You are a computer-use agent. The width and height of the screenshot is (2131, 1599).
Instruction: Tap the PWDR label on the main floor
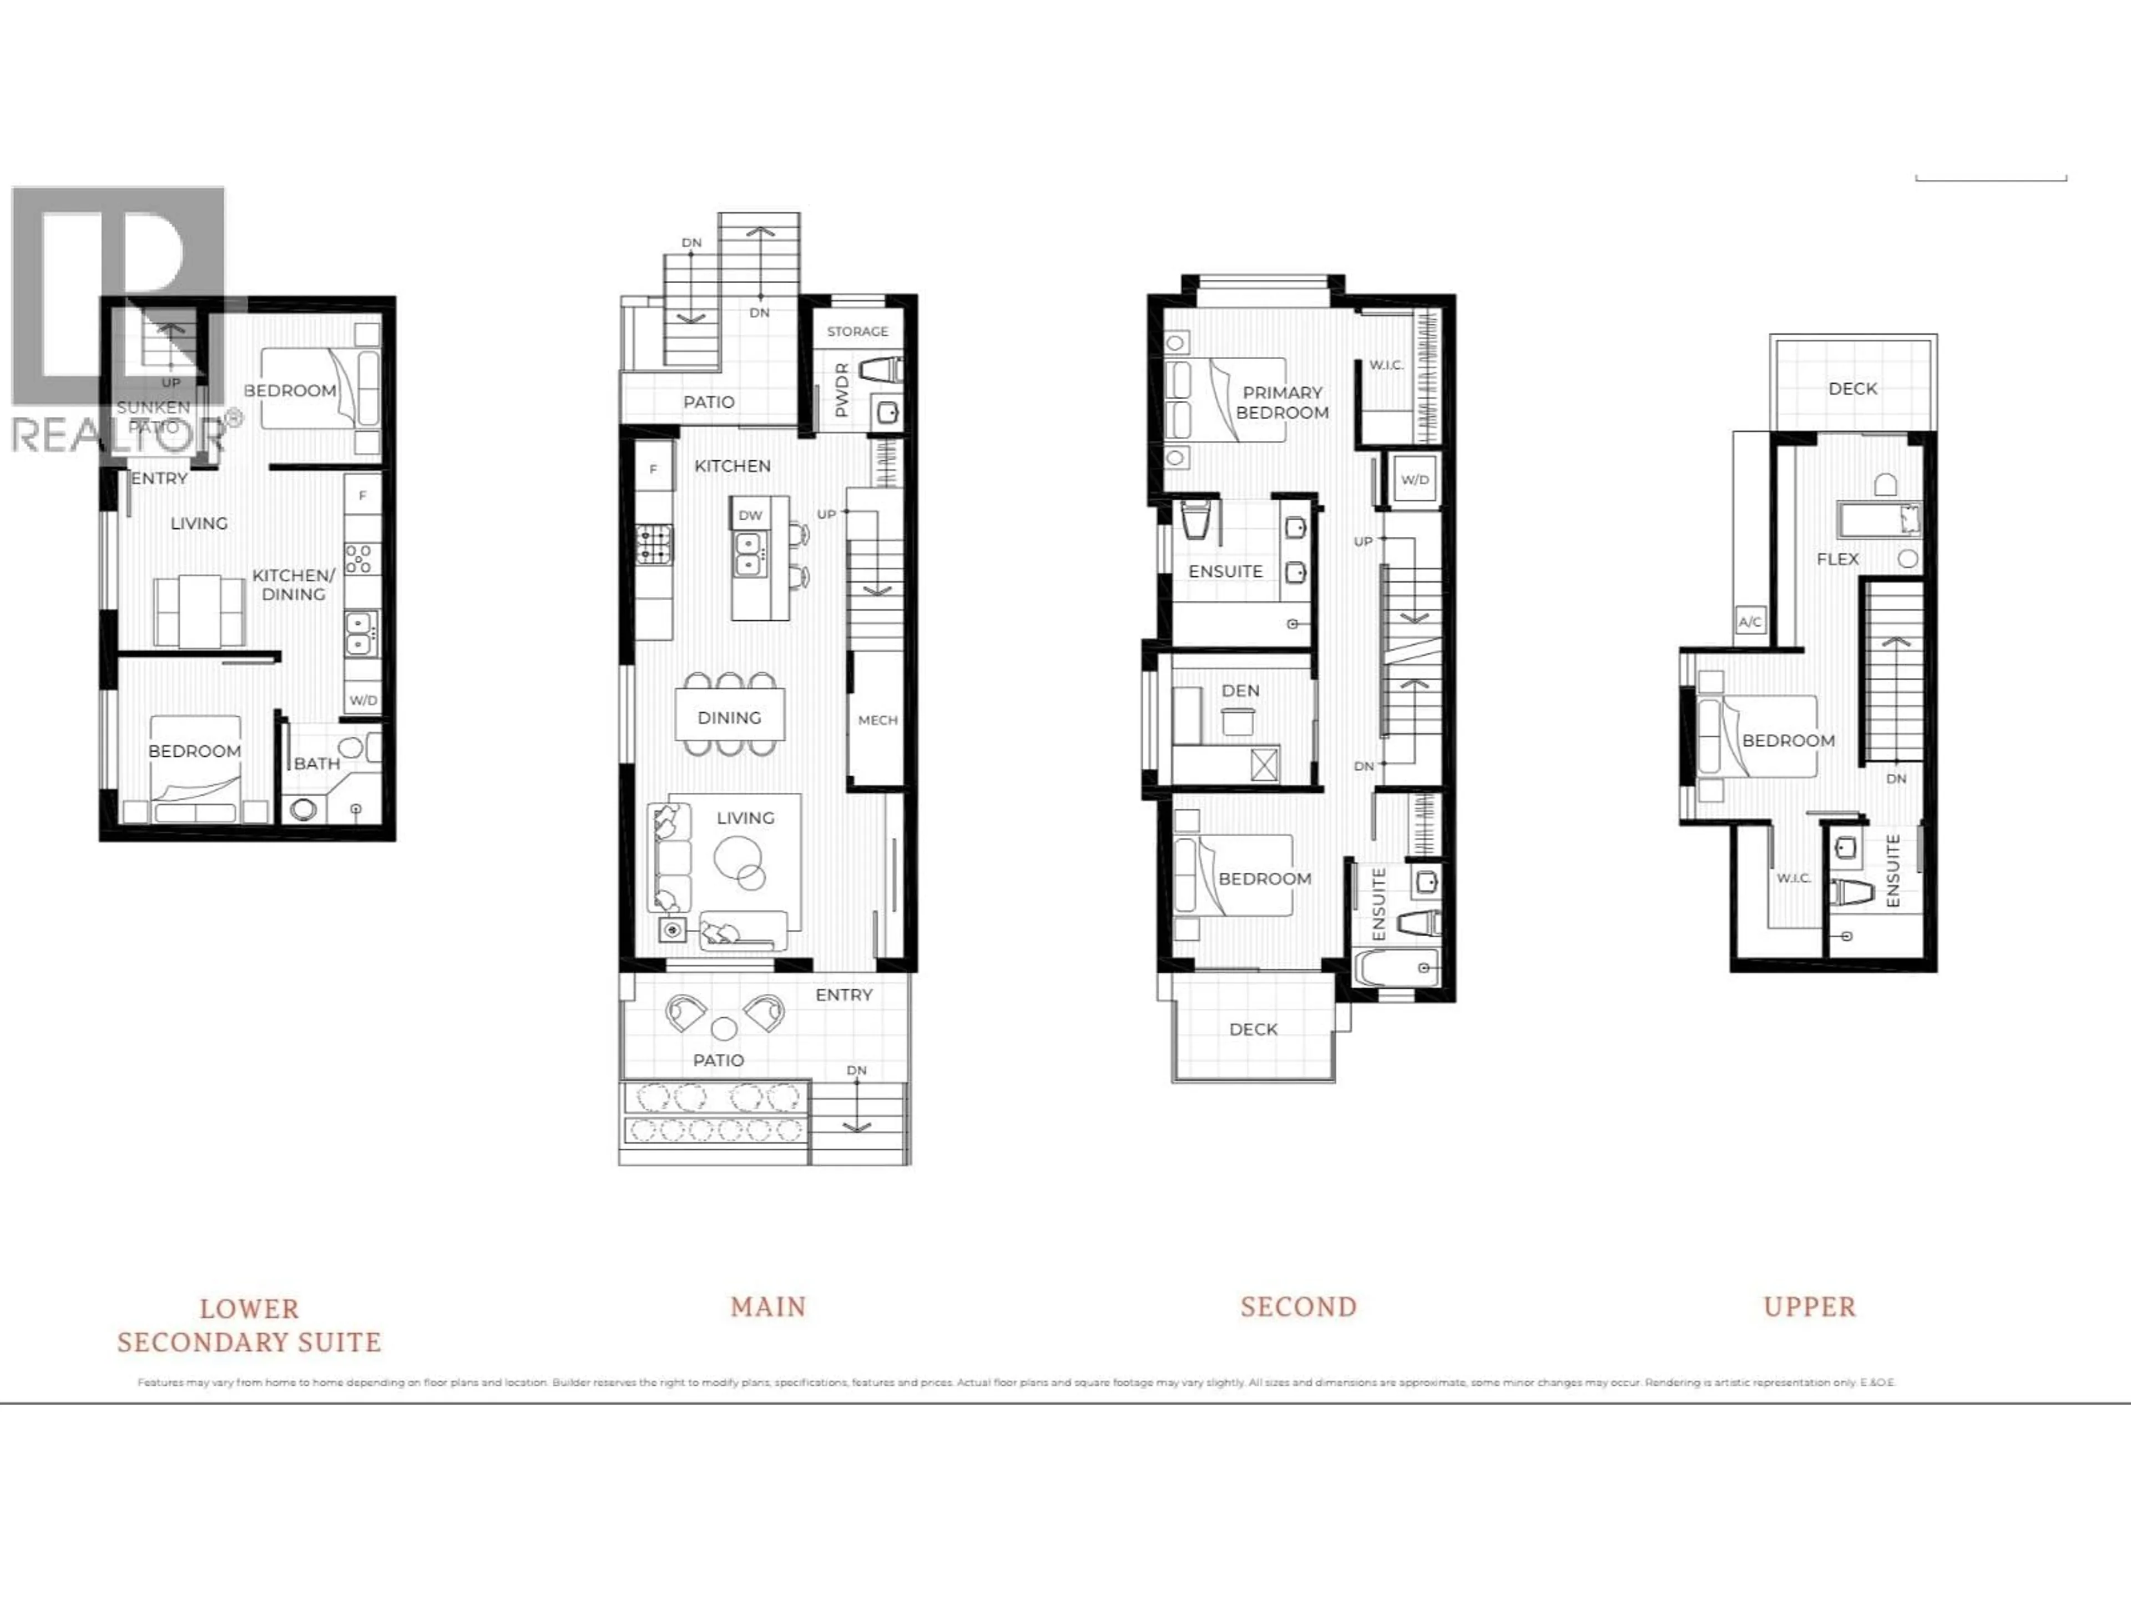point(842,390)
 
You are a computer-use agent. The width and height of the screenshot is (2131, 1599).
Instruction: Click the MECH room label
point(877,720)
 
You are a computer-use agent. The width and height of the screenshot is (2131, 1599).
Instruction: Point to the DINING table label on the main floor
point(729,717)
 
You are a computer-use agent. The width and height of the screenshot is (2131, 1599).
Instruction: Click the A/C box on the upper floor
point(1750,622)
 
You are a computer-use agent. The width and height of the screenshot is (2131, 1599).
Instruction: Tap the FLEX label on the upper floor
point(1837,559)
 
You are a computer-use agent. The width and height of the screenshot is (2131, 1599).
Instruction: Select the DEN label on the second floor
point(1240,691)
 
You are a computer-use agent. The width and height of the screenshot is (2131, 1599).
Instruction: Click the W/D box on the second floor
point(1414,480)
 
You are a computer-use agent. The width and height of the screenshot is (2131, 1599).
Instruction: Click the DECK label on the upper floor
point(1852,389)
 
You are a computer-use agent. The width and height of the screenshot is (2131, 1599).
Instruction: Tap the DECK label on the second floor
point(1253,1029)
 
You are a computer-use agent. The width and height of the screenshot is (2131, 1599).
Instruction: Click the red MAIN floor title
point(768,1307)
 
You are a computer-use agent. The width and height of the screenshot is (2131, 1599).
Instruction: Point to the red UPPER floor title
point(1808,1307)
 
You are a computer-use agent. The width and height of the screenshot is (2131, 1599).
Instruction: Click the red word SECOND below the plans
point(1297,1307)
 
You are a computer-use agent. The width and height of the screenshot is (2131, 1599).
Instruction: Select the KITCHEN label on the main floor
point(732,465)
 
